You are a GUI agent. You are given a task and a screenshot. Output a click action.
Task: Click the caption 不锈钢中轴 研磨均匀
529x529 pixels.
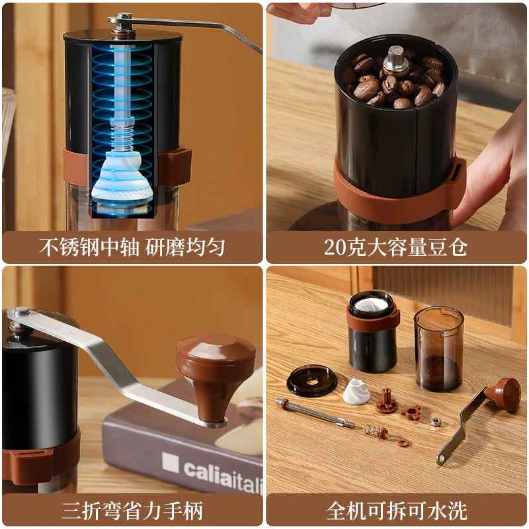tap(132, 247)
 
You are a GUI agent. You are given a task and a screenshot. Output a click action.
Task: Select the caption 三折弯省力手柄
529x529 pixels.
tap(132, 510)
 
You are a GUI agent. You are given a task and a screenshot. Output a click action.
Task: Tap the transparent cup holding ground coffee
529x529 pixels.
tap(438, 348)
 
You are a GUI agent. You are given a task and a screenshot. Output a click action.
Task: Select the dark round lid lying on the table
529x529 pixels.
tap(311, 381)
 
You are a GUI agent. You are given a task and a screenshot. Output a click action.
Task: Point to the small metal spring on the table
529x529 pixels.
tap(376, 432)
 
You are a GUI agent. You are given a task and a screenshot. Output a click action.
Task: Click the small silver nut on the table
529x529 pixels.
tap(436, 421)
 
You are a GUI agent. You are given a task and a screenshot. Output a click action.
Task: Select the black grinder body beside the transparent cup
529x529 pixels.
tap(373, 334)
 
